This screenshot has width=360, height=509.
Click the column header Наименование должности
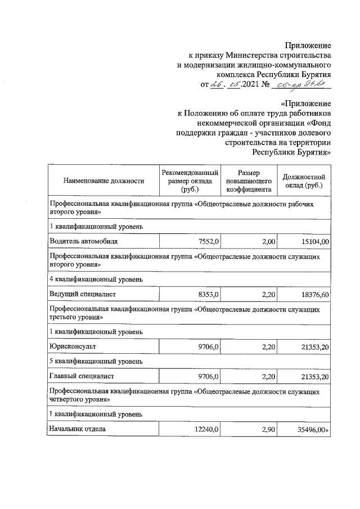pos(104,181)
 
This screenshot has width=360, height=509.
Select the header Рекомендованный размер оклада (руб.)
pos(190,181)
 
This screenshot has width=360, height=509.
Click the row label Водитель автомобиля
pos(84,241)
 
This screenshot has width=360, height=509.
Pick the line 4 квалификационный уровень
pos(97,279)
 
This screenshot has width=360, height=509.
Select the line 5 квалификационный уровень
pos(97,361)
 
